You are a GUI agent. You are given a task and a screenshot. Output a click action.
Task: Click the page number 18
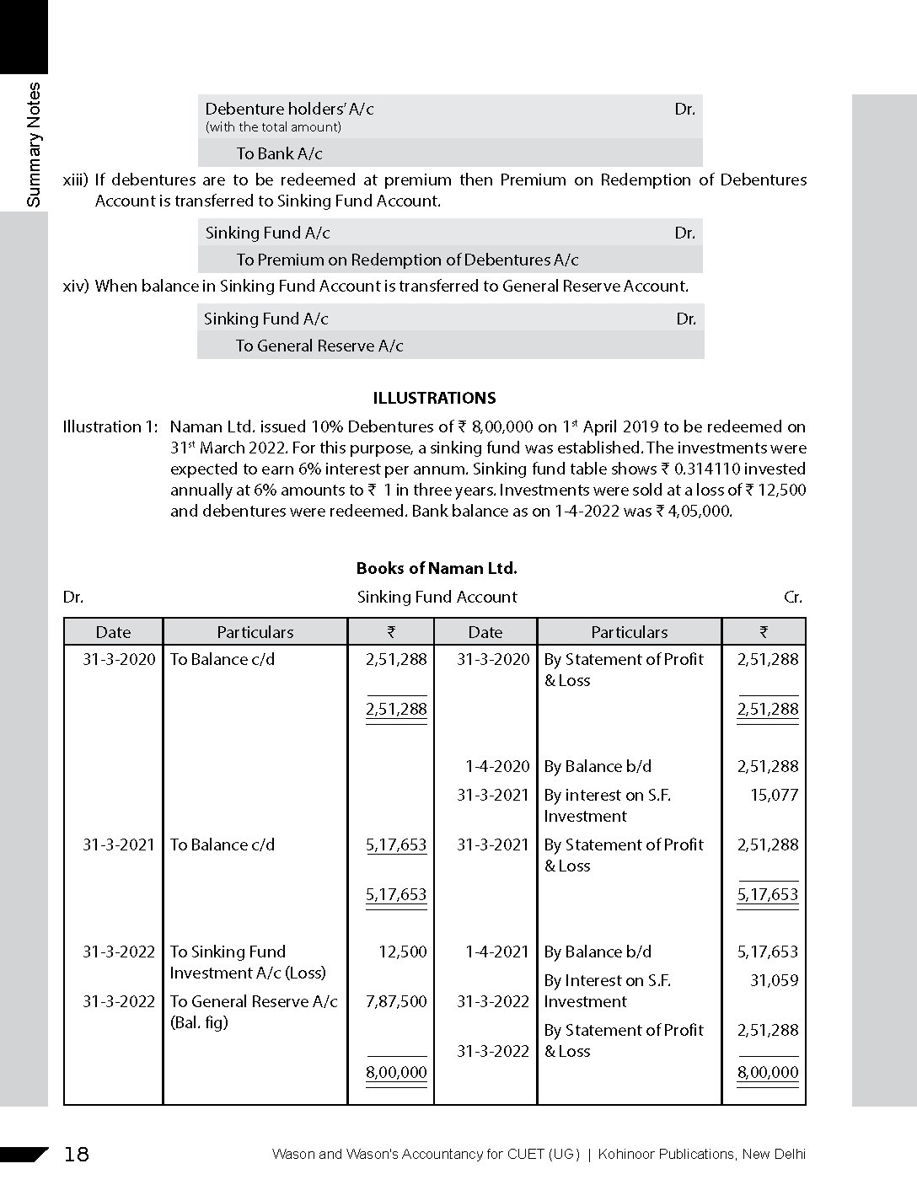click(x=76, y=1154)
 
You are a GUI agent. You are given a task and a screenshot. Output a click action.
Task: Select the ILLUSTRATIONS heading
click(x=434, y=398)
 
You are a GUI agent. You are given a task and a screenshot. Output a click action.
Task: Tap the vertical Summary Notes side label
click(x=34, y=145)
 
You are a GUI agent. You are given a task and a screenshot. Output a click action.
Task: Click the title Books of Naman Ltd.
click(x=437, y=568)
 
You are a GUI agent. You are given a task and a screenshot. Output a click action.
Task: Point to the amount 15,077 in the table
click(x=774, y=795)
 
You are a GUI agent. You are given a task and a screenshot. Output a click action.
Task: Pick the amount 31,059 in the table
click(x=774, y=980)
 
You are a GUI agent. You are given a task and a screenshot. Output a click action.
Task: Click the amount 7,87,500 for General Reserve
click(x=396, y=1001)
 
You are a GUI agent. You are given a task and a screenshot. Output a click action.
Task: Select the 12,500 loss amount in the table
click(x=403, y=952)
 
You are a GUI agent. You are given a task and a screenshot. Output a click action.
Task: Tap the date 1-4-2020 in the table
click(x=497, y=766)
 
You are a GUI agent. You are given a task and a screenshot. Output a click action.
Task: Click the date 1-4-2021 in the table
click(x=497, y=952)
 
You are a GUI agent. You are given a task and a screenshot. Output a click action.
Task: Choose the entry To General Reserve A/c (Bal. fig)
click(x=253, y=1011)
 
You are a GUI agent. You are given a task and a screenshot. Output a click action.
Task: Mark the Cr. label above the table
click(x=793, y=597)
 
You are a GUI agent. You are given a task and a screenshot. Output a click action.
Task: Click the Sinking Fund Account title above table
click(x=437, y=597)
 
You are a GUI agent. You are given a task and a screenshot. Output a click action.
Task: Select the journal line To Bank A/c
click(x=279, y=153)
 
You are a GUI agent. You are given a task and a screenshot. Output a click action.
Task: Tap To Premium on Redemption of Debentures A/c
click(x=407, y=260)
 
